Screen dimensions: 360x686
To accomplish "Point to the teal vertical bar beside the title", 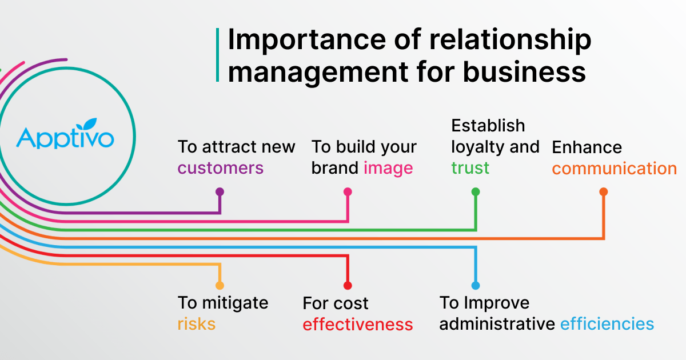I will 218,55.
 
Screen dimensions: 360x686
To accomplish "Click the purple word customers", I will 220,168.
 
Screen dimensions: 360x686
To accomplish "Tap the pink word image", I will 388,168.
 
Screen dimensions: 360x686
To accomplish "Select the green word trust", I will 470,168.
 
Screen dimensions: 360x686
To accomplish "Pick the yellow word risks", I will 196,324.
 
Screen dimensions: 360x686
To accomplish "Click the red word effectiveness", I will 357,325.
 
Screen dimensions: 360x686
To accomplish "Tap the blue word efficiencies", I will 607,324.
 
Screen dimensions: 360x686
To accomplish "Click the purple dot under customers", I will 220,192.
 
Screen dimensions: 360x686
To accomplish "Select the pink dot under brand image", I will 348,192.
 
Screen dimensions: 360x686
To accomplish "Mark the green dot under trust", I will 475,192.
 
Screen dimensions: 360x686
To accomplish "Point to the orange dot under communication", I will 603,192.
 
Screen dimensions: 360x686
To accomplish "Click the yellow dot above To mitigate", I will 220,285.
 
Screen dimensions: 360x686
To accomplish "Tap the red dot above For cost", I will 348,285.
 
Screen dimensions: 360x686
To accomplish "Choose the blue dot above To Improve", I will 475,285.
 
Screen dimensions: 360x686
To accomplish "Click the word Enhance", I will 587,147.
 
